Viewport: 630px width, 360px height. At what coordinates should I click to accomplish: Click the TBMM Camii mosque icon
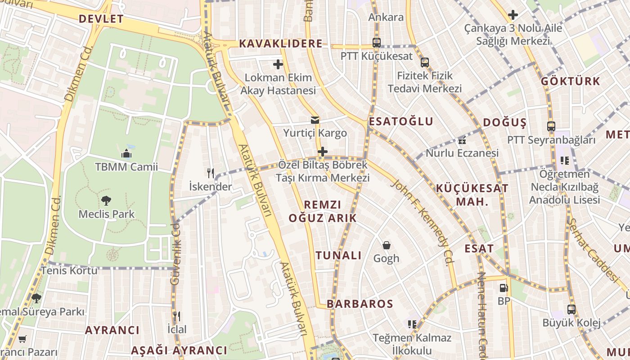point(126,154)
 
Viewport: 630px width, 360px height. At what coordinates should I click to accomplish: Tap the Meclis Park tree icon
point(106,201)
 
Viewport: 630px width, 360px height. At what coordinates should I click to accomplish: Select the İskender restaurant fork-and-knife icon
point(210,173)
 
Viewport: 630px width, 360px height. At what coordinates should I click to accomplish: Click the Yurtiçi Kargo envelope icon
point(315,120)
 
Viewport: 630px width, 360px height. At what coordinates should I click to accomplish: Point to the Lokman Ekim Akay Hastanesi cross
point(278,64)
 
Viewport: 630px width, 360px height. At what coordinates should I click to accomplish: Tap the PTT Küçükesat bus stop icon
point(377,43)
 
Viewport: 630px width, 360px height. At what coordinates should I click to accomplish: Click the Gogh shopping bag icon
point(386,245)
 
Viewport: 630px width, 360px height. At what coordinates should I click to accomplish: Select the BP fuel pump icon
point(504,288)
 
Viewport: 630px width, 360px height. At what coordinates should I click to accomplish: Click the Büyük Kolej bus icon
point(571,310)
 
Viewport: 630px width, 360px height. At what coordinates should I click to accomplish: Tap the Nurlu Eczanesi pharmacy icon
point(462,140)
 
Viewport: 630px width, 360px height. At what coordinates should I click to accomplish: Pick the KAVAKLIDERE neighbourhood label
point(281,44)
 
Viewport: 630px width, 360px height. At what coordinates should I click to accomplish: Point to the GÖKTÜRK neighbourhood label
point(571,81)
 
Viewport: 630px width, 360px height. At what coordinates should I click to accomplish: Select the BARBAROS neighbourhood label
point(360,304)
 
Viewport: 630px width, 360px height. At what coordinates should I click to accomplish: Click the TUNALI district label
point(338,256)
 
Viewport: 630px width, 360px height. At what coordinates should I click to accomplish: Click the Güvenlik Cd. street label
point(175,254)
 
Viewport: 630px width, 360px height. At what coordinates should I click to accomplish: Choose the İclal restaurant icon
point(176,316)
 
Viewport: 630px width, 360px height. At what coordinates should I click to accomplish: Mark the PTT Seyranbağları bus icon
point(551,126)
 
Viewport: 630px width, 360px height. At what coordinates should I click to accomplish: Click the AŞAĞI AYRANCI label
point(179,351)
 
